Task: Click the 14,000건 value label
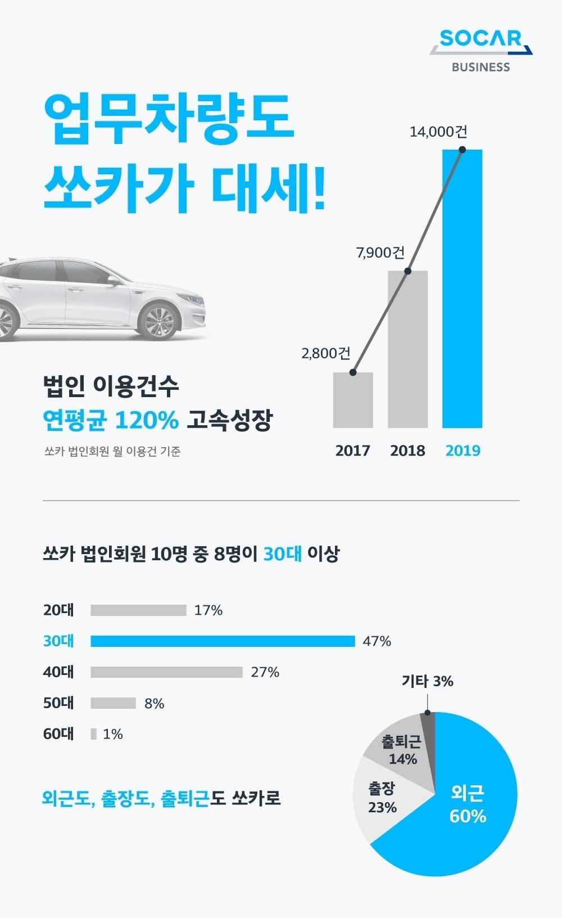point(438,132)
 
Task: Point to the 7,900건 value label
point(380,253)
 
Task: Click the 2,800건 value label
point(325,353)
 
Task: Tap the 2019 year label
point(463,451)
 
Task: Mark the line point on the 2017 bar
point(353,372)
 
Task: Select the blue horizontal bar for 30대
point(223,641)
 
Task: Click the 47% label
point(377,641)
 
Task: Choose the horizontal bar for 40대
point(166,672)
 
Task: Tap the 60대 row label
point(58,734)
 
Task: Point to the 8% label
point(154,703)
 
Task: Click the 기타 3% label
point(427,681)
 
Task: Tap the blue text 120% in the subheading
point(147,420)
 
